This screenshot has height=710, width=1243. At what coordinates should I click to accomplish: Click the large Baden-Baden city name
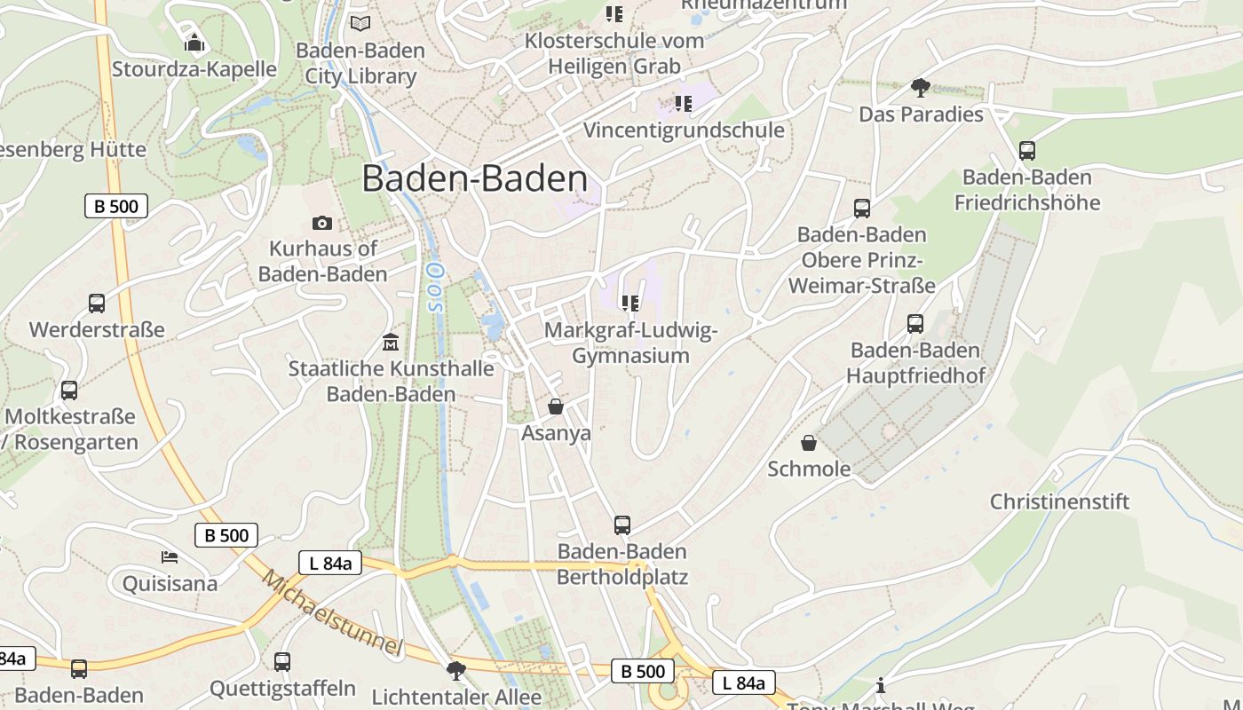point(474,179)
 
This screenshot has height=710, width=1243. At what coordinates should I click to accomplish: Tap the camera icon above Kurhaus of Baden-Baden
point(322,223)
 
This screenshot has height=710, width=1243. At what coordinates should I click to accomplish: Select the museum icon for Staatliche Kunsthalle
point(390,342)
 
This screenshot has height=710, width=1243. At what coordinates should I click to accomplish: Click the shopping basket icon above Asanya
point(556,406)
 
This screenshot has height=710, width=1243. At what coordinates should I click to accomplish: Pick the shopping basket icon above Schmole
point(809,442)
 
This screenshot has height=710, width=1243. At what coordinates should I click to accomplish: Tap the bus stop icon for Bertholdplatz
point(622,525)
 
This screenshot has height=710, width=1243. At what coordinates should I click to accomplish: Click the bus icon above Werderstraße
point(97,304)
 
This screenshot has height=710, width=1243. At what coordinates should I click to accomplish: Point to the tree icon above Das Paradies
point(921,87)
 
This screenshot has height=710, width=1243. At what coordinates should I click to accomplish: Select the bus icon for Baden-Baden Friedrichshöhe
point(1027,150)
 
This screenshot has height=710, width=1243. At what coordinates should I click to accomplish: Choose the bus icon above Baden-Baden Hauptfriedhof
point(915,324)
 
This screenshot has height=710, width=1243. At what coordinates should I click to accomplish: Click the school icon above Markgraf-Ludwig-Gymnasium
point(630,304)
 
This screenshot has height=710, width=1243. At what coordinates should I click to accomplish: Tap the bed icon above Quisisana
point(170,557)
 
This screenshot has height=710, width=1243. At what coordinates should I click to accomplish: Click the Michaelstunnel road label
point(333,612)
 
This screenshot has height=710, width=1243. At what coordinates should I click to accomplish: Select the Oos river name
point(434,287)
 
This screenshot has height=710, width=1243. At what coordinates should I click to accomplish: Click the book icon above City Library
point(360,23)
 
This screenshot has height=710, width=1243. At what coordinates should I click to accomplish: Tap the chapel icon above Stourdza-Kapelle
point(194,42)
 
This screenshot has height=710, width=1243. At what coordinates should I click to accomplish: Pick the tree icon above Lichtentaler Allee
point(456,670)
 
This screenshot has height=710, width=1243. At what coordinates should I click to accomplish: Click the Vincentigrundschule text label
point(684,130)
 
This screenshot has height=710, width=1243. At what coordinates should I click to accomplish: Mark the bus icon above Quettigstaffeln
point(282,661)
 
